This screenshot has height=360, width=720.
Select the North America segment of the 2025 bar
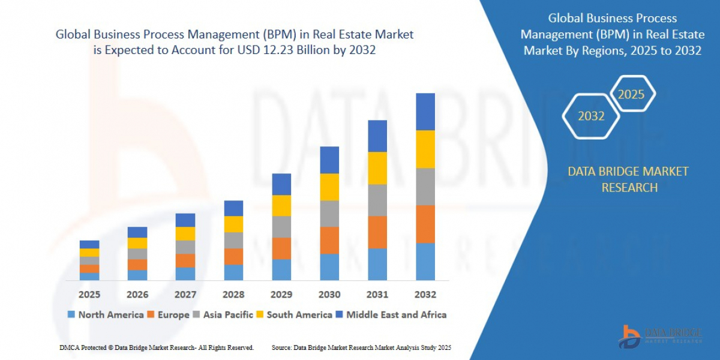pyautogui.click(x=89, y=276)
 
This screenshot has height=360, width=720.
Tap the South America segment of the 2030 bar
pyautogui.click(x=329, y=187)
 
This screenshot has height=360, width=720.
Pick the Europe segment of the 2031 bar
pyautogui.click(x=377, y=232)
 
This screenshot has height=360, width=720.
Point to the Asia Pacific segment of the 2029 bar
pyautogui.click(x=281, y=227)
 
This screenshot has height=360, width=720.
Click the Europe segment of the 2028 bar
pyautogui.click(x=233, y=256)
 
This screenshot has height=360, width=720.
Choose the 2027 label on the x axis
pyautogui.click(x=185, y=295)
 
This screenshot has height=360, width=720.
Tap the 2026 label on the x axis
pyautogui.click(x=137, y=295)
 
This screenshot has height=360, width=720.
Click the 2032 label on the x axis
pyautogui.click(x=425, y=295)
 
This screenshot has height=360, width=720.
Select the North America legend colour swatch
pyautogui.click(x=71, y=315)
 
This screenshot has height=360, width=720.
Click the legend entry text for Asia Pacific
pyautogui.click(x=228, y=315)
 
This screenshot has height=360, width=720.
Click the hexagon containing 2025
pyautogui.click(x=631, y=94)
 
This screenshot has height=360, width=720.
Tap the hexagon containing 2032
pyautogui.click(x=591, y=116)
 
